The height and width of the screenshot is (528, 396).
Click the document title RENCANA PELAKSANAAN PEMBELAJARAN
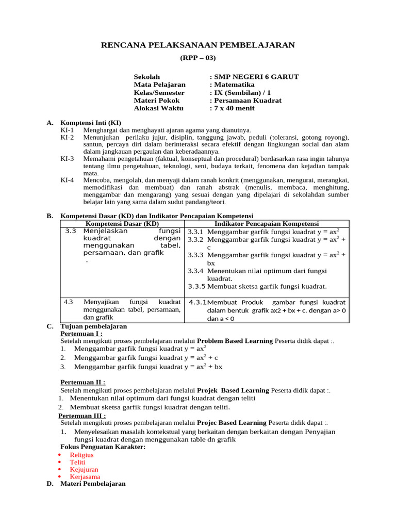click(197, 45)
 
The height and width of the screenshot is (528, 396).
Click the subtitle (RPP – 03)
click(197, 58)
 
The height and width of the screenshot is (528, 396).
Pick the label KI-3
click(67, 159)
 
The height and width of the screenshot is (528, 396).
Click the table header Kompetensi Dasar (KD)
click(122, 224)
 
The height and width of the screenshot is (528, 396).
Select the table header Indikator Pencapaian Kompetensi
click(267, 224)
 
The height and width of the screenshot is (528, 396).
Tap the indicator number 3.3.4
click(196, 271)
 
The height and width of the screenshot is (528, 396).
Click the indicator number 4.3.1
click(198, 302)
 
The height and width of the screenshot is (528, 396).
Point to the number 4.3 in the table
click(69, 302)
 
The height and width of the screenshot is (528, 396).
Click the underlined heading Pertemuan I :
click(81, 334)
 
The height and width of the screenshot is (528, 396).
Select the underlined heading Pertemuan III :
click(82, 416)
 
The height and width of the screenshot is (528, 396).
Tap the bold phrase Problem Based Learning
click(235, 341)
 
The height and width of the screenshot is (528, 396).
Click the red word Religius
click(81, 455)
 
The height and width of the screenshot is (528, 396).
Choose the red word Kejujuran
click(84, 470)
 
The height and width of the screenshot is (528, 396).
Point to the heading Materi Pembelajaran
click(93, 484)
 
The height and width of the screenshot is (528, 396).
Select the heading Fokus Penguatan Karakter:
click(103, 447)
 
